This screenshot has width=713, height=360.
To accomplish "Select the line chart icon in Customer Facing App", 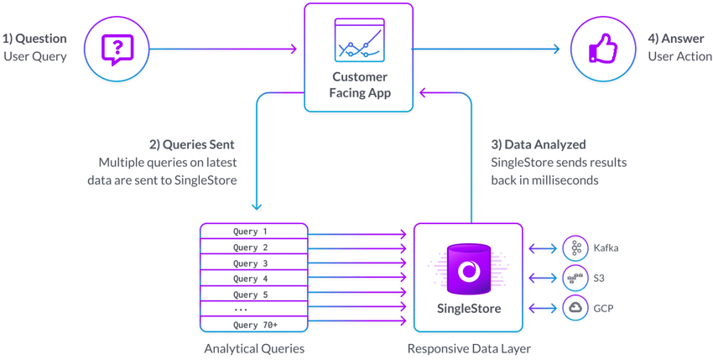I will coord(358,40).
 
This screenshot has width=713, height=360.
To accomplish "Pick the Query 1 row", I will coord(251,232).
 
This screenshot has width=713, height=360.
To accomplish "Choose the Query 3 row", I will coord(251,263).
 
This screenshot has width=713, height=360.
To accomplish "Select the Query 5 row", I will coord(251,295).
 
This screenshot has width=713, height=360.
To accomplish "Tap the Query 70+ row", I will coord(251,326).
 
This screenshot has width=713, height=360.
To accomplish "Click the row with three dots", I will coord(251,310).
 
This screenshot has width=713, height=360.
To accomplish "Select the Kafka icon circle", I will coord(576,248).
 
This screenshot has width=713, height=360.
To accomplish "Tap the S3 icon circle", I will coord(576,278).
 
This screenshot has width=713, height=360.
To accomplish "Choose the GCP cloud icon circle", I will coord(576,308).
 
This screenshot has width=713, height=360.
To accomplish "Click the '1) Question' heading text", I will coord(34,39).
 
